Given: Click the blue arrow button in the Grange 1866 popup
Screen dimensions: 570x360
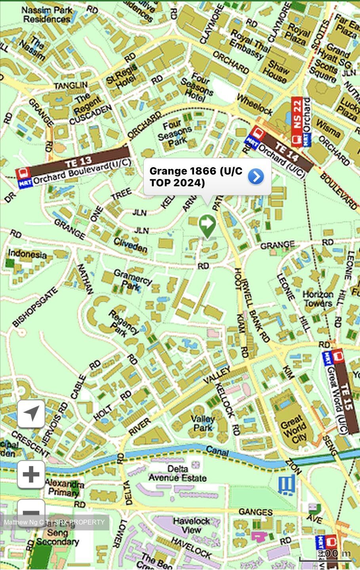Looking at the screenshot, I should [256, 177].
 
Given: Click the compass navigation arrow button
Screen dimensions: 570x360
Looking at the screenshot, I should [31, 414].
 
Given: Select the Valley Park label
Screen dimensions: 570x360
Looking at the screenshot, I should [203, 423].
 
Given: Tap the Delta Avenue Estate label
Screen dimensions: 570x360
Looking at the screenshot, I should [178, 473].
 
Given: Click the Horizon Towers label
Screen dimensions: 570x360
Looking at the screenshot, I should [318, 299].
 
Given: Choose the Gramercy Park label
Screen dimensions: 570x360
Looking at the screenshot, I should [133, 279].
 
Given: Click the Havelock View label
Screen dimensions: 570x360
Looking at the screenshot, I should [191, 525].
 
